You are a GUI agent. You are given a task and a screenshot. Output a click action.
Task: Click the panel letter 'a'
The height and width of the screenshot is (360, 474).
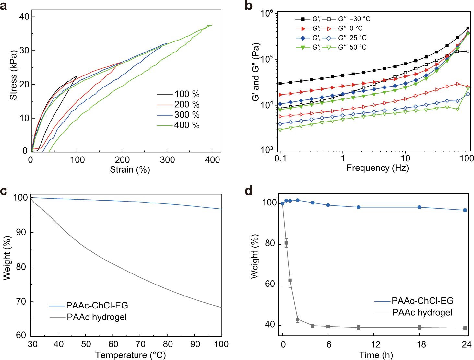tap(4, 6)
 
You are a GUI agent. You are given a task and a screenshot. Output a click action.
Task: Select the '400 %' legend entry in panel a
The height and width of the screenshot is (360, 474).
tap(187, 125)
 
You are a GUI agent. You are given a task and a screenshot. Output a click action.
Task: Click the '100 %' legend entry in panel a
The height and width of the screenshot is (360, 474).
tap(187, 94)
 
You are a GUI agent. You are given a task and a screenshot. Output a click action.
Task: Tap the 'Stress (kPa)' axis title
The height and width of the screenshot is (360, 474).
tap(13, 75)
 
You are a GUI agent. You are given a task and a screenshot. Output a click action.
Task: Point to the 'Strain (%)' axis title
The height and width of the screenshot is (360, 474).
tap(130, 169)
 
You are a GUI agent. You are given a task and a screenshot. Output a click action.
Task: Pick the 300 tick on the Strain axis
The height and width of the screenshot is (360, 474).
tap(167, 160)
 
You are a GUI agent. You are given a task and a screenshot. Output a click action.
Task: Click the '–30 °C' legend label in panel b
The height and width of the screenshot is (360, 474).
tap(360, 19)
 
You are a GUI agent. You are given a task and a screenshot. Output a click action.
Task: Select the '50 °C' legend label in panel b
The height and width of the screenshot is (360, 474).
tap(358, 47)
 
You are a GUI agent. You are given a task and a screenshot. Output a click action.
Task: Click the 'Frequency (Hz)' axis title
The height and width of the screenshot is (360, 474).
tap(377, 168)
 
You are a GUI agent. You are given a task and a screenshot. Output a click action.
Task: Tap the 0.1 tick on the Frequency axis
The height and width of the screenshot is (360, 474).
tap(280, 158)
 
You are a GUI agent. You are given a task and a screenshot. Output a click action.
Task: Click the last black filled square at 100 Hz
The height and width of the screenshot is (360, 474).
tap(468, 28)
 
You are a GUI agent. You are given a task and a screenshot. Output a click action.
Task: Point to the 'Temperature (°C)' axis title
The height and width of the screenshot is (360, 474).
tap(130, 355)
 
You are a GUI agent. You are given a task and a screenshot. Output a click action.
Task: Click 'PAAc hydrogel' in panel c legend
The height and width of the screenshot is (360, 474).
tap(97, 317)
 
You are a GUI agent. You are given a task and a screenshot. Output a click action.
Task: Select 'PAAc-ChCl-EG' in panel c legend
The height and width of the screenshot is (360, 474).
tap(97, 306)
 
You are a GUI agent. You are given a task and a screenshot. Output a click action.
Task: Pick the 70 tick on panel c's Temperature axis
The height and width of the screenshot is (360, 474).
tap(140, 344)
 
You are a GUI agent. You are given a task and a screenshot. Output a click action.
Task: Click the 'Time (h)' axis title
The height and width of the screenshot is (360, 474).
tap(376, 355)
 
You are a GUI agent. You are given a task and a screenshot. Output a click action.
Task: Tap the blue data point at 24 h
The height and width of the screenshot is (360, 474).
tap(465, 210)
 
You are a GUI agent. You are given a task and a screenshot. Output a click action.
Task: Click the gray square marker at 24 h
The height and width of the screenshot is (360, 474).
tap(465, 328)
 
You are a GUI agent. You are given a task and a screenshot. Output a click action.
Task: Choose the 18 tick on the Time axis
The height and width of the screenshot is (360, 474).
tap(421, 344)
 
